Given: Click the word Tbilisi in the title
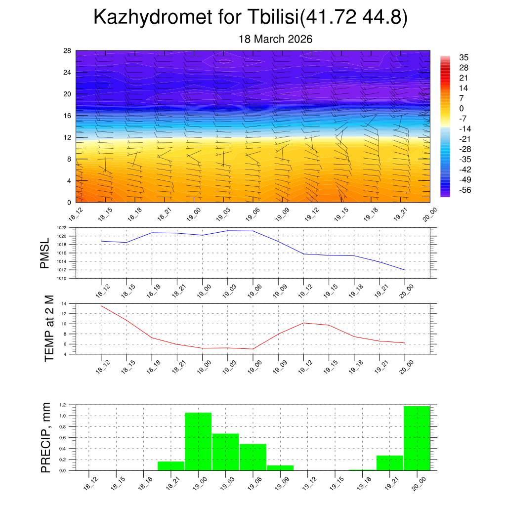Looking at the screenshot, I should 270,18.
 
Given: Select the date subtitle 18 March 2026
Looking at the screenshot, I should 276,39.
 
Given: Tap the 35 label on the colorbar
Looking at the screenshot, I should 464,57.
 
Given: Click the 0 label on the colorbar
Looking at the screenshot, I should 462,108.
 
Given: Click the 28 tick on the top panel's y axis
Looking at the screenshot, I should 68,50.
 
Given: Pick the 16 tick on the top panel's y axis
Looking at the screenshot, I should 68,116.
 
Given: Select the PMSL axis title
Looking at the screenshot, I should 44,253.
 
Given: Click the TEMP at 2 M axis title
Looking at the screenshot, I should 48,329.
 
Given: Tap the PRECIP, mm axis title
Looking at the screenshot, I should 45,437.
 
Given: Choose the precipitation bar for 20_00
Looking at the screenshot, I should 417,438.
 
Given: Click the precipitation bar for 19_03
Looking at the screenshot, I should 226,452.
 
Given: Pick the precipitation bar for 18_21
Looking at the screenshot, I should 171,466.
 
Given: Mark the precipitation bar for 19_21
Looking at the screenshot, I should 390,463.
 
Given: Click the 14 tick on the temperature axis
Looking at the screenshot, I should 64,303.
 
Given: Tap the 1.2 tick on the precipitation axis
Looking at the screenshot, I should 63,405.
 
